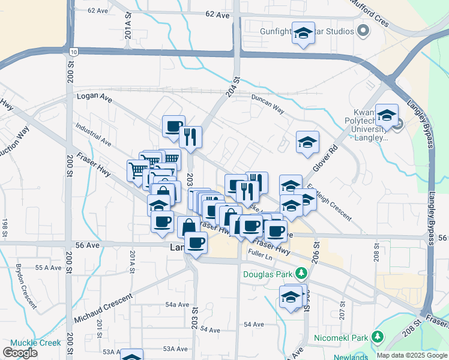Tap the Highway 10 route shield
[73, 52]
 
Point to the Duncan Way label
[268, 103]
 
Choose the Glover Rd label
[325, 159]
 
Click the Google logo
[20, 353]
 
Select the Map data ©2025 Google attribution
[412, 355]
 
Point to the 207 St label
[342, 311]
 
